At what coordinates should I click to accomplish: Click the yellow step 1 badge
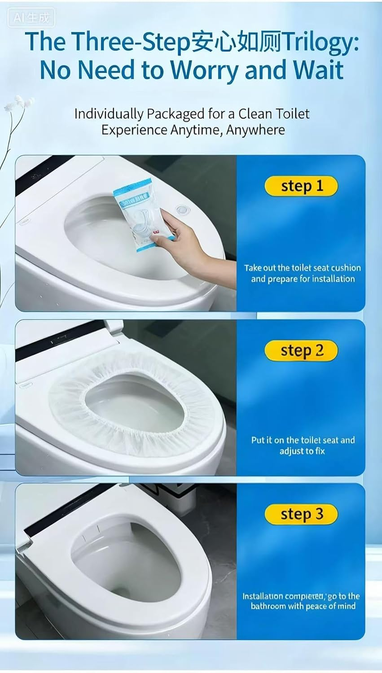(301, 186)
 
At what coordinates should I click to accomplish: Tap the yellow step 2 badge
(301, 350)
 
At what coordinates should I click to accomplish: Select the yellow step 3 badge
(301, 514)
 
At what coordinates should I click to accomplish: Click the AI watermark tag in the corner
(31, 18)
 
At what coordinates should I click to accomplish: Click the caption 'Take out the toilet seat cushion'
(302, 268)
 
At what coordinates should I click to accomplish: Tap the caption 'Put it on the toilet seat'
(303, 440)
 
